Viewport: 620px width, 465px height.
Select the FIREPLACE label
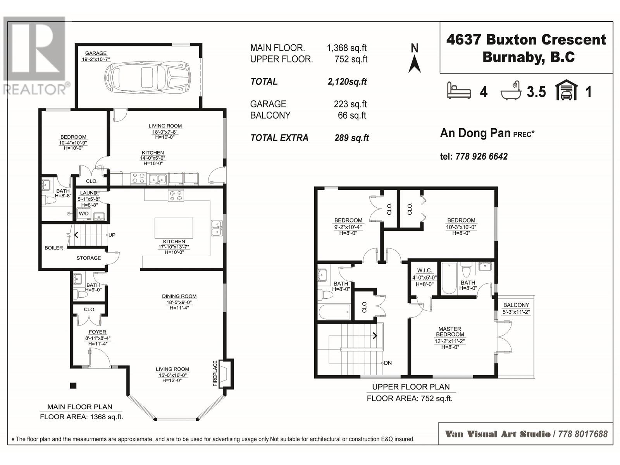(215, 373)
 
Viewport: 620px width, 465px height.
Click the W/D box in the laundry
(84, 214)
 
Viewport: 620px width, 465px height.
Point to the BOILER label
(53, 248)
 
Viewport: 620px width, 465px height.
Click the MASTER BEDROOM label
(449, 332)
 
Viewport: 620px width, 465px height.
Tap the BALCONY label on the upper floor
(516, 305)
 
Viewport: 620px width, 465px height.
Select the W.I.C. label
(424, 270)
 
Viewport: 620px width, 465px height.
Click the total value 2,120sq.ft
(347, 82)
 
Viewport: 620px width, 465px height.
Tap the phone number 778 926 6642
(481, 157)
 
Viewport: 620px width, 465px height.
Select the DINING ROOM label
(179, 296)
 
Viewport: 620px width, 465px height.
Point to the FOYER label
(97, 332)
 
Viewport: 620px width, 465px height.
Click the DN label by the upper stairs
(388, 363)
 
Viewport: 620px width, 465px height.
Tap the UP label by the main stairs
(112, 235)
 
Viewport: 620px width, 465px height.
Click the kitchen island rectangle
(174, 228)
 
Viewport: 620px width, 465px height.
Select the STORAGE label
(88, 258)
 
